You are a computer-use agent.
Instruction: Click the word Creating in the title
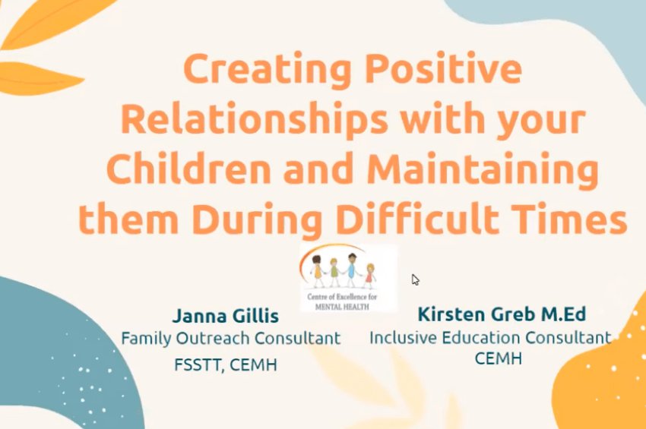click(268, 70)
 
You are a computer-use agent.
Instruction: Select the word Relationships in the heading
click(254, 119)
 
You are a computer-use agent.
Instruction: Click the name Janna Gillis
click(226, 316)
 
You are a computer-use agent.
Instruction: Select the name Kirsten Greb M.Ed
click(502, 314)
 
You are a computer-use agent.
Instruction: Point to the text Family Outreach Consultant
click(231, 339)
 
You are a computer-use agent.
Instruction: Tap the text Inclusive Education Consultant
click(490, 338)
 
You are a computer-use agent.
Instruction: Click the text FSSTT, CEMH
click(226, 364)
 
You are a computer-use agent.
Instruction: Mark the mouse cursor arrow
click(415, 279)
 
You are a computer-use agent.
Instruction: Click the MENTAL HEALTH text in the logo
click(342, 307)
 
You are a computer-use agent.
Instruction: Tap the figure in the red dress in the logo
click(369, 276)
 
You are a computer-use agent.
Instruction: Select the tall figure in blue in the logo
click(351, 270)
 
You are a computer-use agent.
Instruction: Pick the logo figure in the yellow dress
click(318, 270)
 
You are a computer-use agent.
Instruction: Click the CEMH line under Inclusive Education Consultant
click(498, 358)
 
